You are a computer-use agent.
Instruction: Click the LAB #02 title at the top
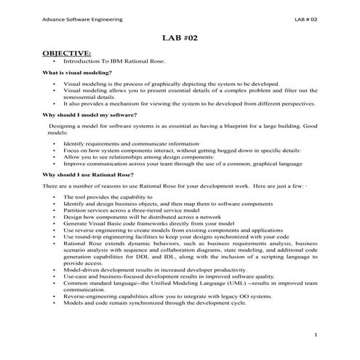click(x=180, y=37)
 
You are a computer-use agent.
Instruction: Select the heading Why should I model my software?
click(x=89, y=115)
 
